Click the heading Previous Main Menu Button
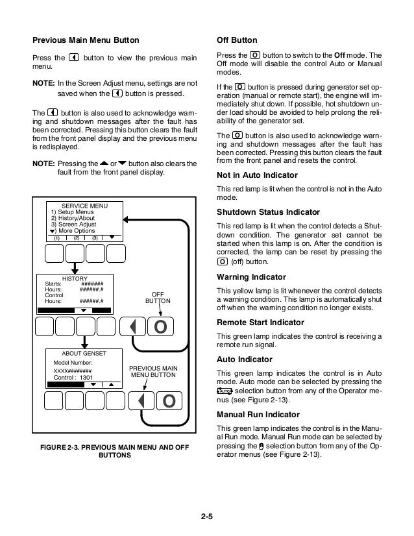[87, 40]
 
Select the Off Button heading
[236, 40]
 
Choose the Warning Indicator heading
[250, 276]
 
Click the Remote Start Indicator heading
[261, 322]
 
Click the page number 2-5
[206, 517]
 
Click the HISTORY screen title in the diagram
[75, 278]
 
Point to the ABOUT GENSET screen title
[83, 352]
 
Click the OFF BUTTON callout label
[158, 297]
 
